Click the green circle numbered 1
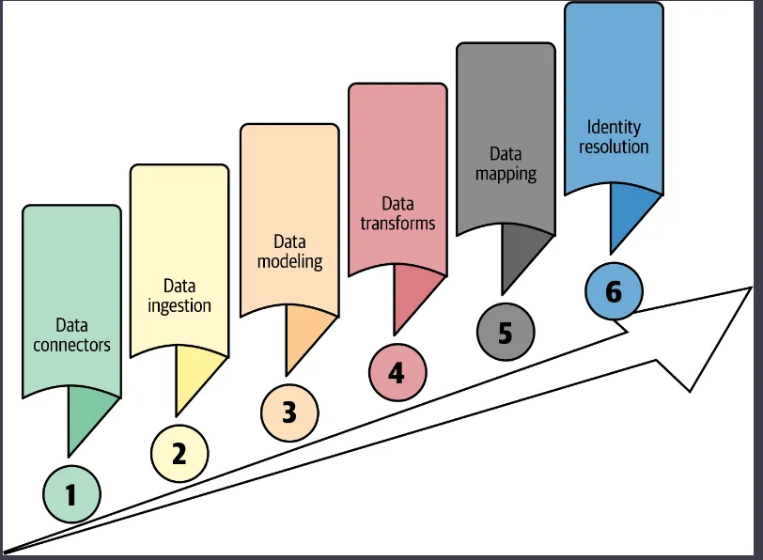71,493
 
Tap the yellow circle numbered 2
179,454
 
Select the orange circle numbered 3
289,412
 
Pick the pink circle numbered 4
397,373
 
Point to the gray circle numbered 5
506,333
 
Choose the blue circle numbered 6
614,291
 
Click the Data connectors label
71,335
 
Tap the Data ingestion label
179,295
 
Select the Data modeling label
289,253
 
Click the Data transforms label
397,213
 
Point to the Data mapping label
506,163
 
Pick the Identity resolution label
614,136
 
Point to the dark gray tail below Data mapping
519,254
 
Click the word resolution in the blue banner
614,147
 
